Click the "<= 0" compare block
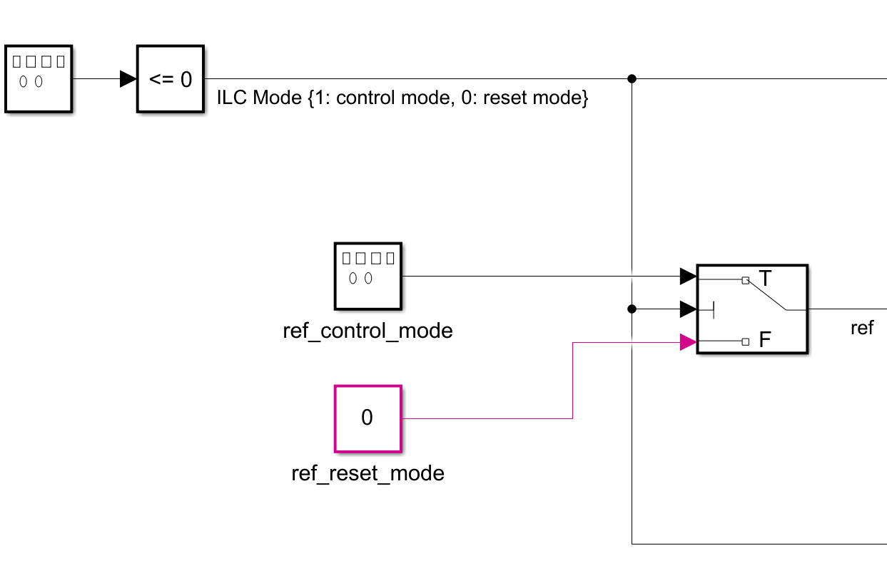171,79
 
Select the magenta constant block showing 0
368,418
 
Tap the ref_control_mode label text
368,331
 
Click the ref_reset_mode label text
368,473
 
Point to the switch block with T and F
751,309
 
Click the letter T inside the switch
765,279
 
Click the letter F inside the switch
765,340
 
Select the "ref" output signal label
862,329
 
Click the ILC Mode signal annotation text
402,98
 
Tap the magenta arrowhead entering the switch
688,343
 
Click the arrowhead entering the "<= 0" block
128,79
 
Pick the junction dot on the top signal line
632,79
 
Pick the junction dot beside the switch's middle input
632,309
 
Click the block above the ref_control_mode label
368,276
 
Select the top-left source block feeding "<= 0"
39,79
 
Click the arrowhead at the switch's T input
688,276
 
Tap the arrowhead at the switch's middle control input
688,309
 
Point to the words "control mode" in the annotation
385,98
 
